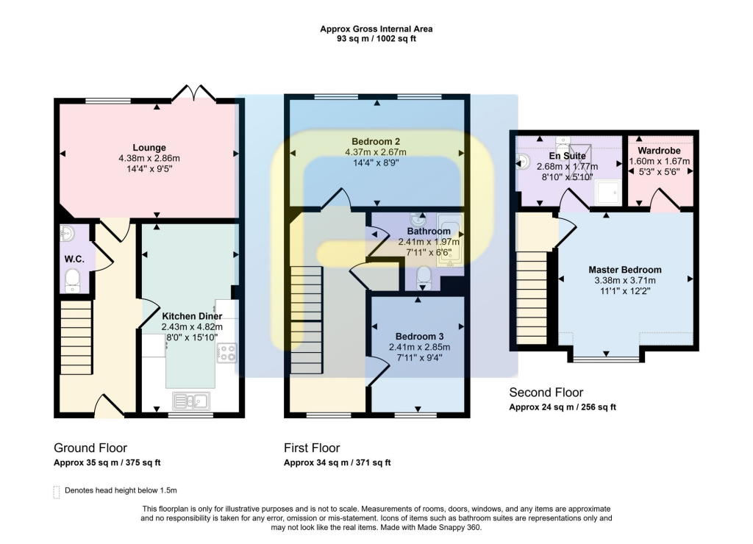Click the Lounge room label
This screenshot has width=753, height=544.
pos(149,147)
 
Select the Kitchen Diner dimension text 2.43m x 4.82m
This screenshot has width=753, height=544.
pos(191,327)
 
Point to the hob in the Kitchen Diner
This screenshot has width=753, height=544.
pos(226,353)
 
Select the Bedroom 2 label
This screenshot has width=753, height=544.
pos(376,141)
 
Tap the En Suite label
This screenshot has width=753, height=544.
pos(567,156)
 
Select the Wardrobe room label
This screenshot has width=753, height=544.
pos(660,151)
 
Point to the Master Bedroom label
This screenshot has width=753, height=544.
pos(624,270)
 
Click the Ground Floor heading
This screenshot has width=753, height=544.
pos(90,448)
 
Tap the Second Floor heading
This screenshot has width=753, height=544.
pos(546,393)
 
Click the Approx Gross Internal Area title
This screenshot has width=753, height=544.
pos(376,29)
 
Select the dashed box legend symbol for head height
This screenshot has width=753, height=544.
pos(57,491)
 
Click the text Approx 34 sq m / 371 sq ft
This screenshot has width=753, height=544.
pos(337,463)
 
